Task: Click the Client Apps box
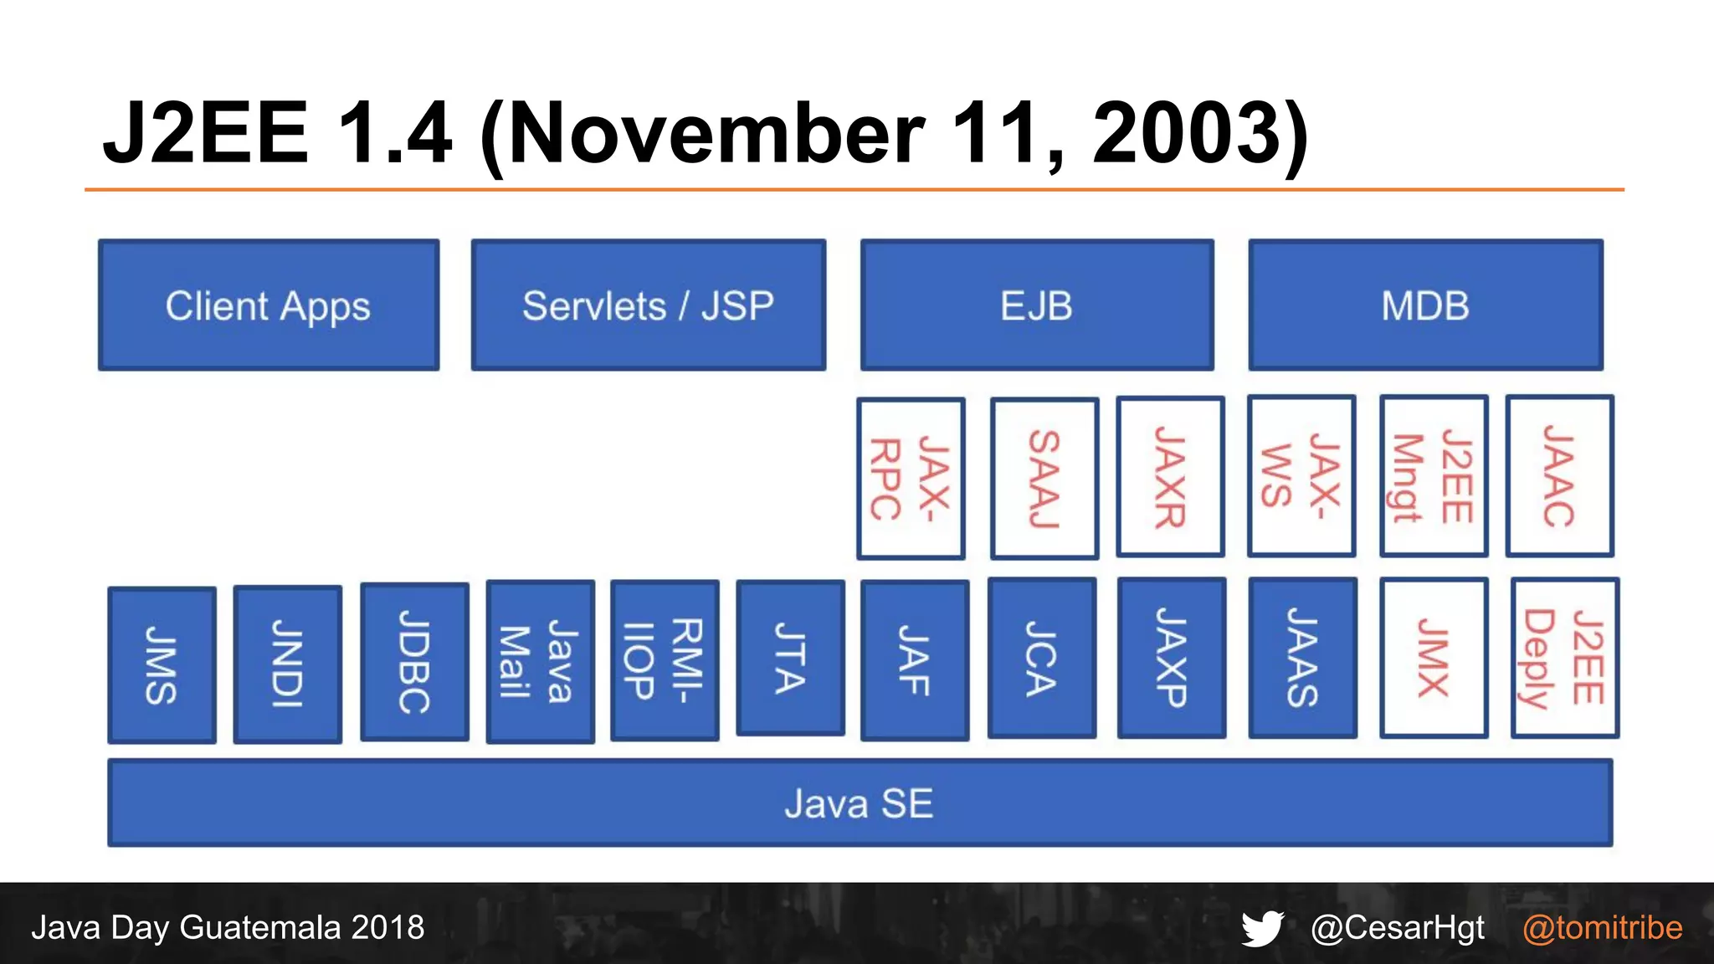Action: pos(269,305)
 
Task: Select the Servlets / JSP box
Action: pos(648,305)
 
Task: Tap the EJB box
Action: pos(1037,305)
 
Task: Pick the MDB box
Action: pos(1425,305)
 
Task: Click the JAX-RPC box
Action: pos(911,478)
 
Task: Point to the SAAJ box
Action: pos(1044,478)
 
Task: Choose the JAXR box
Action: pos(1170,477)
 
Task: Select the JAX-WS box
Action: pos(1301,476)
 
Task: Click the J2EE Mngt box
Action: pos(1434,476)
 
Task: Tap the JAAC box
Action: pos(1559,476)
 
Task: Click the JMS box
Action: pos(162,665)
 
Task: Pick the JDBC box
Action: pos(414,662)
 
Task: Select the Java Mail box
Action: pos(540,662)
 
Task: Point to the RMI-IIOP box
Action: pos(665,660)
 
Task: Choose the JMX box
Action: pos(1434,658)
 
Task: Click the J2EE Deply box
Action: pos(1564,658)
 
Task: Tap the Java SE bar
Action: pos(860,803)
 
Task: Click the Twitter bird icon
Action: pos(1262,928)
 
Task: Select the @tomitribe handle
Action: pos(1602,928)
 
